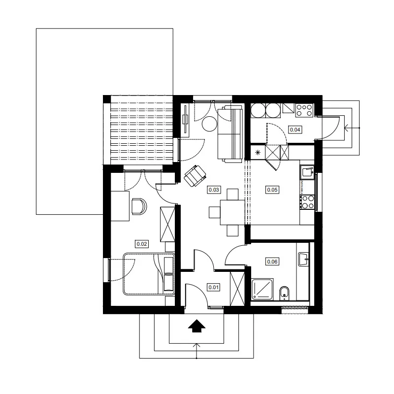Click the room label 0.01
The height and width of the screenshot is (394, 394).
pyautogui.click(x=213, y=287)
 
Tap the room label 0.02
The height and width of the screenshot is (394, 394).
pyautogui.click(x=142, y=244)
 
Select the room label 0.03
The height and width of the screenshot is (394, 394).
pyautogui.click(x=214, y=190)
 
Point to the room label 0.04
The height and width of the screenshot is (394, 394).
pyautogui.click(x=295, y=130)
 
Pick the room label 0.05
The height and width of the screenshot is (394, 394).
pyautogui.click(x=272, y=190)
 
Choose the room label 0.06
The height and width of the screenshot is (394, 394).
pyautogui.click(x=272, y=262)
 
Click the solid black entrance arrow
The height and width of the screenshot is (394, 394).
pyautogui.click(x=197, y=326)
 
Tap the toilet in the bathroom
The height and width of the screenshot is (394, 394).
pyautogui.click(x=284, y=293)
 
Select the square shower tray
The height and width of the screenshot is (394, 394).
pyautogui.click(x=263, y=289)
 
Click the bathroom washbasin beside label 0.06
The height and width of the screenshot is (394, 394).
pyautogui.click(x=304, y=259)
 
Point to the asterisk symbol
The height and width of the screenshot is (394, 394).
pyautogui.click(x=258, y=152)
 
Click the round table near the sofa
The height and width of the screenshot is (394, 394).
pyautogui.click(x=209, y=124)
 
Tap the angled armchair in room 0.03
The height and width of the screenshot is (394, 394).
pyautogui.click(x=195, y=176)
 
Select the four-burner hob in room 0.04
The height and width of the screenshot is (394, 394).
pyautogui.click(x=304, y=110)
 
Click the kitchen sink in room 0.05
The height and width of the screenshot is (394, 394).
pyautogui.click(x=307, y=172)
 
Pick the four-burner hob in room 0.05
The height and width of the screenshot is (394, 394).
pyautogui.click(x=307, y=202)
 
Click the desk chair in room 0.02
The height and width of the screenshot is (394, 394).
pyautogui.click(x=139, y=206)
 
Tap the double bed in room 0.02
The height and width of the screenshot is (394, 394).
pyautogui.click(x=149, y=274)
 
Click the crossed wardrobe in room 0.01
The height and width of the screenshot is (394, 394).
pyautogui.click(x=237, y=289)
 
